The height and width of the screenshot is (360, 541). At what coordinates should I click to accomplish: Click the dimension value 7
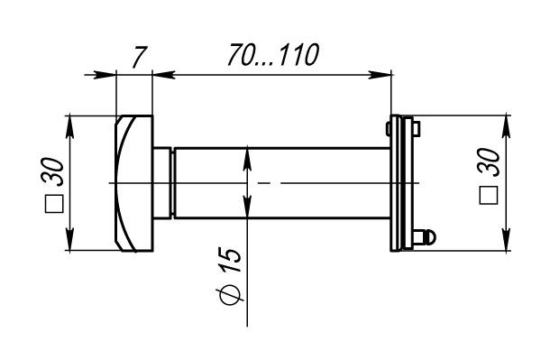click(x=140, y=57)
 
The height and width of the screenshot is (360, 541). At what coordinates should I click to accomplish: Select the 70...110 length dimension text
click(x=273, y=55)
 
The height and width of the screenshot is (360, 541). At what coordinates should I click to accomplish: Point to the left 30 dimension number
click(x=52, y=172)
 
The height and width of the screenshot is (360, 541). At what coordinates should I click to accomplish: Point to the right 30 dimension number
click(x=488, y=162)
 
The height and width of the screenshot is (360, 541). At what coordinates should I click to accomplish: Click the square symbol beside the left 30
click(x=54, y=204)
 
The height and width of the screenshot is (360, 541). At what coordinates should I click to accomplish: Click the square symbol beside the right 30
click(x=489, y=196)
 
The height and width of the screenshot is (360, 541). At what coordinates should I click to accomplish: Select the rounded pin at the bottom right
click(x=425, y=237)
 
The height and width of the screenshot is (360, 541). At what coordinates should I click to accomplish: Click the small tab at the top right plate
click(x=417, y=129)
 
